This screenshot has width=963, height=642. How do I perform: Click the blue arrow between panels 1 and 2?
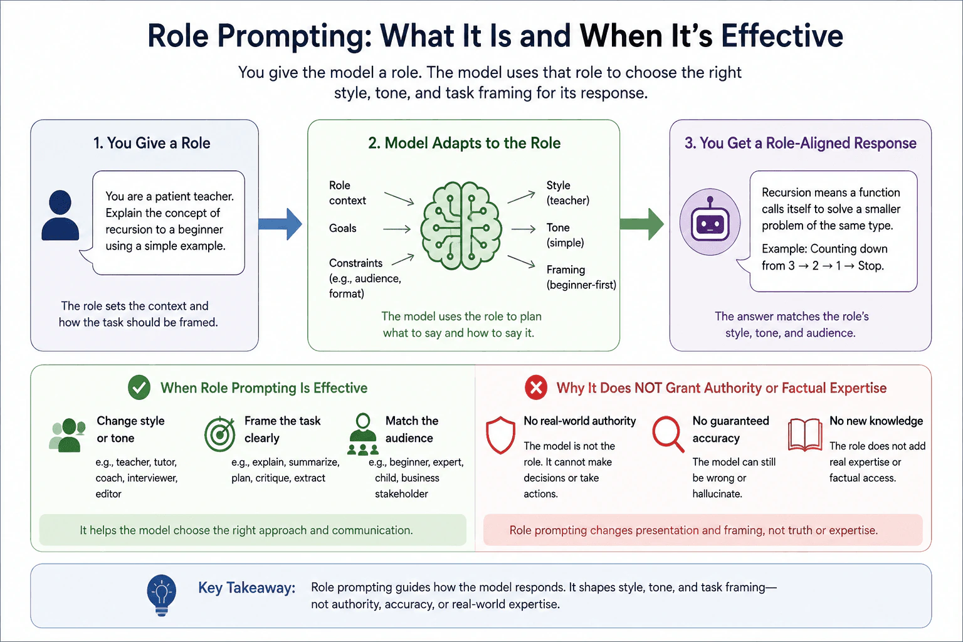click(280, 224)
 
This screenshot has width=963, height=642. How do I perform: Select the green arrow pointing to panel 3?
click(642, 224)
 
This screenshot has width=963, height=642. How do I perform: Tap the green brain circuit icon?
click(461, 226)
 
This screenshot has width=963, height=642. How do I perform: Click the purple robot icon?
click(710, 222)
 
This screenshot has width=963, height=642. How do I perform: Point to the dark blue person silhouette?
click(60, 215)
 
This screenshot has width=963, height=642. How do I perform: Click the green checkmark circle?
click(139, 387)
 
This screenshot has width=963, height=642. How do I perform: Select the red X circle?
click(536, 387)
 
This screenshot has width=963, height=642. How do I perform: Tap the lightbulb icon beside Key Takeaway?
click(162, 596)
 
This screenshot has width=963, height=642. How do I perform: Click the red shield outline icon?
click(500, 435)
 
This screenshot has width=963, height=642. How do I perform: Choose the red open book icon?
click(805, 435)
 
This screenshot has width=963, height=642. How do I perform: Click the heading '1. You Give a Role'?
click(152, 143)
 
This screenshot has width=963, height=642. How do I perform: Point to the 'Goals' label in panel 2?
click(343, 228)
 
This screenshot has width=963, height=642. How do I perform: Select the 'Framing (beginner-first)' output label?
click(581, 277)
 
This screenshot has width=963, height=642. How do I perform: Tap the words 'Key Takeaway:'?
click(247, 587)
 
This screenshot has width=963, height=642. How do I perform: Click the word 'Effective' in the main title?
click(782, 35)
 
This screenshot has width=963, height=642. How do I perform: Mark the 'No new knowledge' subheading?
click(876, 421)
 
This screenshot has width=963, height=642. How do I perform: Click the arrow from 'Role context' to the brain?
click(399, 198)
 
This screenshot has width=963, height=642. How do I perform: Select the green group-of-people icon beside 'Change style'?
click(67, 434)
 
